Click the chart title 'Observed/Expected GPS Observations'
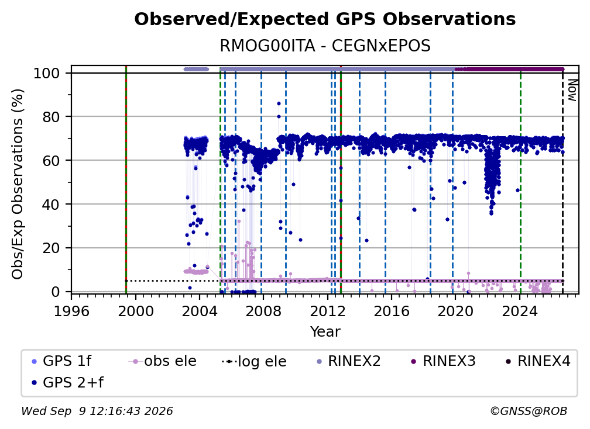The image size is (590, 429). point(325,19)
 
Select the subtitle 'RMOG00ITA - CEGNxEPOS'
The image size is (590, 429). point(325,46)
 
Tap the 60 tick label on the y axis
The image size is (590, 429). point(51,161)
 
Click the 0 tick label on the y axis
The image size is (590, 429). point(56,292)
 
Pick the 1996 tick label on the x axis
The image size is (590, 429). point(71,311)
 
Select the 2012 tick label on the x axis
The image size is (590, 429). point(327,311)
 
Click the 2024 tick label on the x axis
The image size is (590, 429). point(519,311)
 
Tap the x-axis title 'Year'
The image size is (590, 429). point(325,332)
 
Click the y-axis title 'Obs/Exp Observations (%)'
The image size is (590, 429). point(18,184)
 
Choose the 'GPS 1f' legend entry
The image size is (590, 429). point(61,361)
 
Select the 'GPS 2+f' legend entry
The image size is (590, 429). point(68,382)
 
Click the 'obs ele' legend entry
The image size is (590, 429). point(163,361)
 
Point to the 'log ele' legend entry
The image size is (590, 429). point(255,361)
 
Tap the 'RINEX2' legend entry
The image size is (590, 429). point(349,361)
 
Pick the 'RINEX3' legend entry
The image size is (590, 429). point(444,361)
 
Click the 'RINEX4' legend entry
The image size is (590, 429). point(538,361)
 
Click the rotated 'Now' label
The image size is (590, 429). point(572,90)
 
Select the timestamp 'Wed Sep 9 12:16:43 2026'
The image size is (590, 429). point(97,411)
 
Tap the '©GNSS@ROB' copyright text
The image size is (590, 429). point(529,411)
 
